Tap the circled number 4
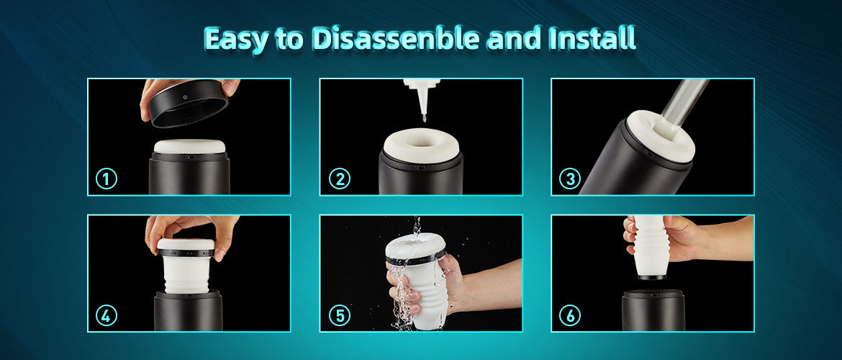tap(107, 316)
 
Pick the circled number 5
tap(340, 316)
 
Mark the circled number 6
tap(570, 316)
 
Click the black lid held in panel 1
tap(189, 103)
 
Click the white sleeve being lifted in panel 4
tap(186, 267)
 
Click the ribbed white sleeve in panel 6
tap(651, 246)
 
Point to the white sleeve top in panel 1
tap(189, 147)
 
